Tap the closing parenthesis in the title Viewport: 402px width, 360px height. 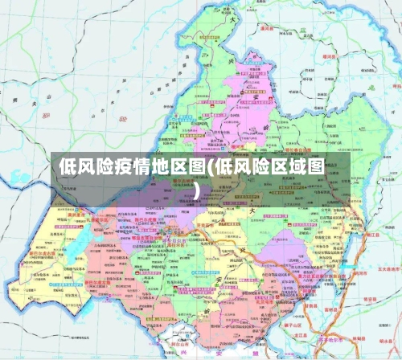[x=198, y=191]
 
